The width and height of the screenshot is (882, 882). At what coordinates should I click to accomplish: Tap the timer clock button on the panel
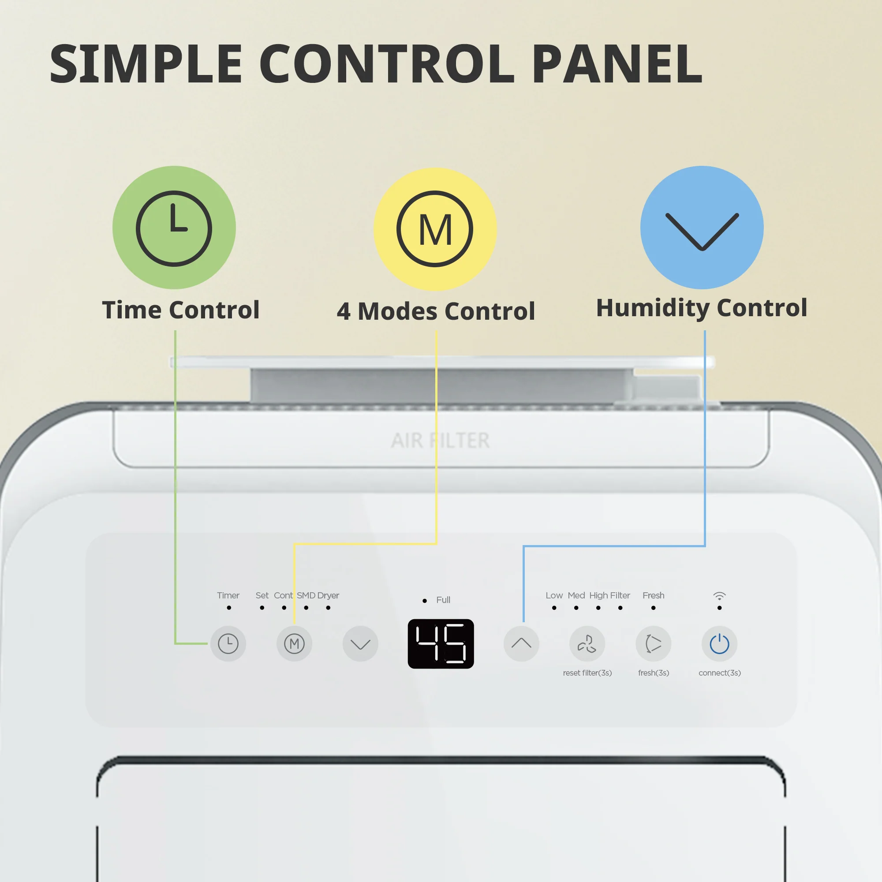pyautogui.click(x=228, y=644)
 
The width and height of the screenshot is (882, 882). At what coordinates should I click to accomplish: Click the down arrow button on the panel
pyautogui.click(x=360, y=644)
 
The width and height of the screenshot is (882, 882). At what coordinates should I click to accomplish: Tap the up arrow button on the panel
pyautogui.click(x=521, y=644)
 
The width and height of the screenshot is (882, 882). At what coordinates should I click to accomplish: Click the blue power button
pyautogui.click(x=719, y=644)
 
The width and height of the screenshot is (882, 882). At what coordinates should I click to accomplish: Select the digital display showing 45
pyautogui.click(x=441, y=644)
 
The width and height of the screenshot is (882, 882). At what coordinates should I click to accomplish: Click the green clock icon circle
pyautogui.click(x=174, y=228)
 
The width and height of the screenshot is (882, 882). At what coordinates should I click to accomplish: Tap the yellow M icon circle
pyautogui.click(x=435, y=229)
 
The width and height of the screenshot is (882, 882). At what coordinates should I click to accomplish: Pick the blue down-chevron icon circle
pyautogui.click(x=702, y=228)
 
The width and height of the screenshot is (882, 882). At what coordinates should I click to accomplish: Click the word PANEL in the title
pyautogui.click(x=617, y=64)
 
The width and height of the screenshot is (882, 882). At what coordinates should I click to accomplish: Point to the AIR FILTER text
pyautogui.click(x=440, y=441)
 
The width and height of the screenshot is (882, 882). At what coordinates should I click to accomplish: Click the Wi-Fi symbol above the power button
pyautogui.click(x=719, y=596)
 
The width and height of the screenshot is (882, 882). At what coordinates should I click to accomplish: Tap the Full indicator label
pyautogui.click(x=443, y=600)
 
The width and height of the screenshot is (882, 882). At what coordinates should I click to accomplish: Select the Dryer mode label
pyautogui.click(x=328, y=596)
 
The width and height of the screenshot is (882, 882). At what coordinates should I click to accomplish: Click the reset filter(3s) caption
pyautogui.click(x=587, y=673)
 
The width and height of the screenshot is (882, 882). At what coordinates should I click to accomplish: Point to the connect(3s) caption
pyautogui.click(x=719, y=673)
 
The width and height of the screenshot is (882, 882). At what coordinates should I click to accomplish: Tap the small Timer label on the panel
pyautogui.click(x=228, y=595)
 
